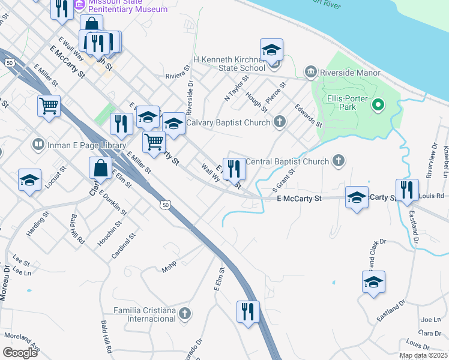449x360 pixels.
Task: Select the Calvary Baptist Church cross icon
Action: [x=279, y=123]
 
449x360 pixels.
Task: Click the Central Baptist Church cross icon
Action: [x=339, y=161]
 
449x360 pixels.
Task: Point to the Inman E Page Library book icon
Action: [x=38, y=145]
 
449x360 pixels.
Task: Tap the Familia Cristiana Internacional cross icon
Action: [x=185, y=313]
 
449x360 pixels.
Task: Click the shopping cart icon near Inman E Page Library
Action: [x=49, y=106]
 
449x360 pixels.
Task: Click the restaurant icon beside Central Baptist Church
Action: [x=234, y=169]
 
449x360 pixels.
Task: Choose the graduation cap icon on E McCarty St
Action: [x=357, y=197]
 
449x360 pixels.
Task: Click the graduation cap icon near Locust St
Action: [x=29, y=180]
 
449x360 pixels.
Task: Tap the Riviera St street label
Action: [x=178, y=76]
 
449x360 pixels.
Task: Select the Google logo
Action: [x=20, y=352]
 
